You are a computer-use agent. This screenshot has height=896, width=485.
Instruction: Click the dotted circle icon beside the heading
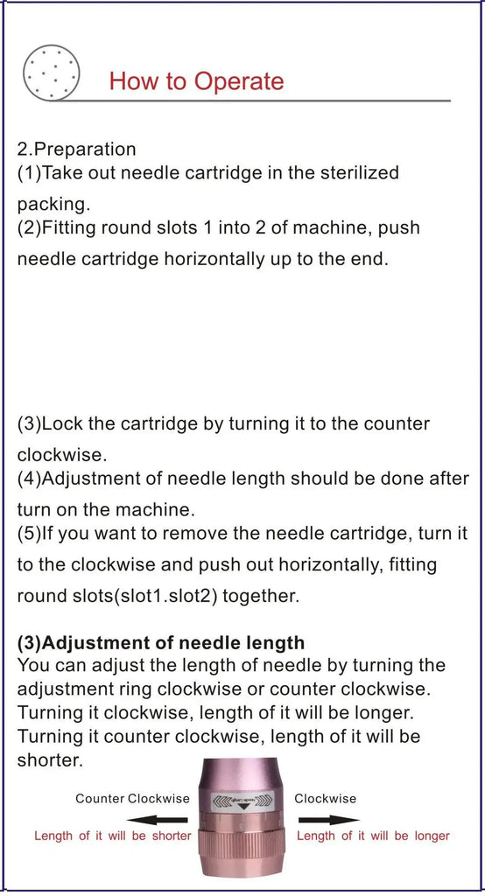click(52, 72)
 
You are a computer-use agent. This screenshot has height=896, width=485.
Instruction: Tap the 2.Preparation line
click(77, 149)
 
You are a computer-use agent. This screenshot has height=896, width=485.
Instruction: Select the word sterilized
click(355, 172)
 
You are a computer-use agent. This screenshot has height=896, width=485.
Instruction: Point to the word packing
click(53, 204)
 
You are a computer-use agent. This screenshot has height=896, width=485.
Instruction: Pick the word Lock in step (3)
click(62, 423)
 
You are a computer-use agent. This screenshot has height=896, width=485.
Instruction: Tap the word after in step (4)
click(447, 479)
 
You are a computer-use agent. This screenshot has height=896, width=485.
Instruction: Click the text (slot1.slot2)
click(166, 596)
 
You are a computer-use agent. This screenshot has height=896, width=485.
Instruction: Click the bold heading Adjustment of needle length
click(161, 644)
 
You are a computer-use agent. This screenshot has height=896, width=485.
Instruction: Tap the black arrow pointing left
click(162, 820)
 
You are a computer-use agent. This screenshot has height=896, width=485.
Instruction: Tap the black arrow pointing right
click(328, 820)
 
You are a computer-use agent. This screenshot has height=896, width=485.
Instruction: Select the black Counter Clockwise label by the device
click(132, 798)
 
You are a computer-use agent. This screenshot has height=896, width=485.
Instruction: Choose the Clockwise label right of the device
click(325, 798)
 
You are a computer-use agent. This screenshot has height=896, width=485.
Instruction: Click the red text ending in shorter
click(112, 836)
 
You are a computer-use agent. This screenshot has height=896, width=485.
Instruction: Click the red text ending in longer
click(373, 836)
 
